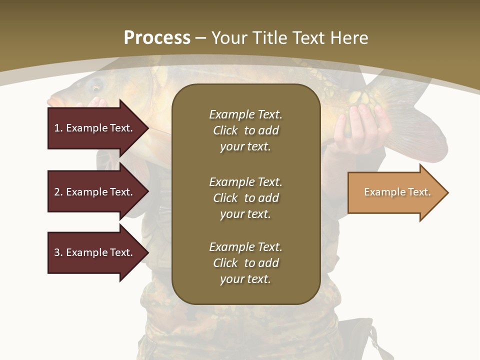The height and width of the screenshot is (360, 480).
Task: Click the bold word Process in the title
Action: [157, 37]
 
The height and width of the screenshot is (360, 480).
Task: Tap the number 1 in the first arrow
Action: [57, 128]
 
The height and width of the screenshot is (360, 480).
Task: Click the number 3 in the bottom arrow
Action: [57, 252]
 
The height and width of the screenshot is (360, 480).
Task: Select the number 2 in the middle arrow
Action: [57, 192]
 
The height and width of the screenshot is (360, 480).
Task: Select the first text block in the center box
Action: [245, 130]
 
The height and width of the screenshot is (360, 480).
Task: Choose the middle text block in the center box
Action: [245, 198]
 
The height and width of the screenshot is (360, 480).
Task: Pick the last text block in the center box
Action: [245, 263]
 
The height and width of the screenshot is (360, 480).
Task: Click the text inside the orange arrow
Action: [397, 192]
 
